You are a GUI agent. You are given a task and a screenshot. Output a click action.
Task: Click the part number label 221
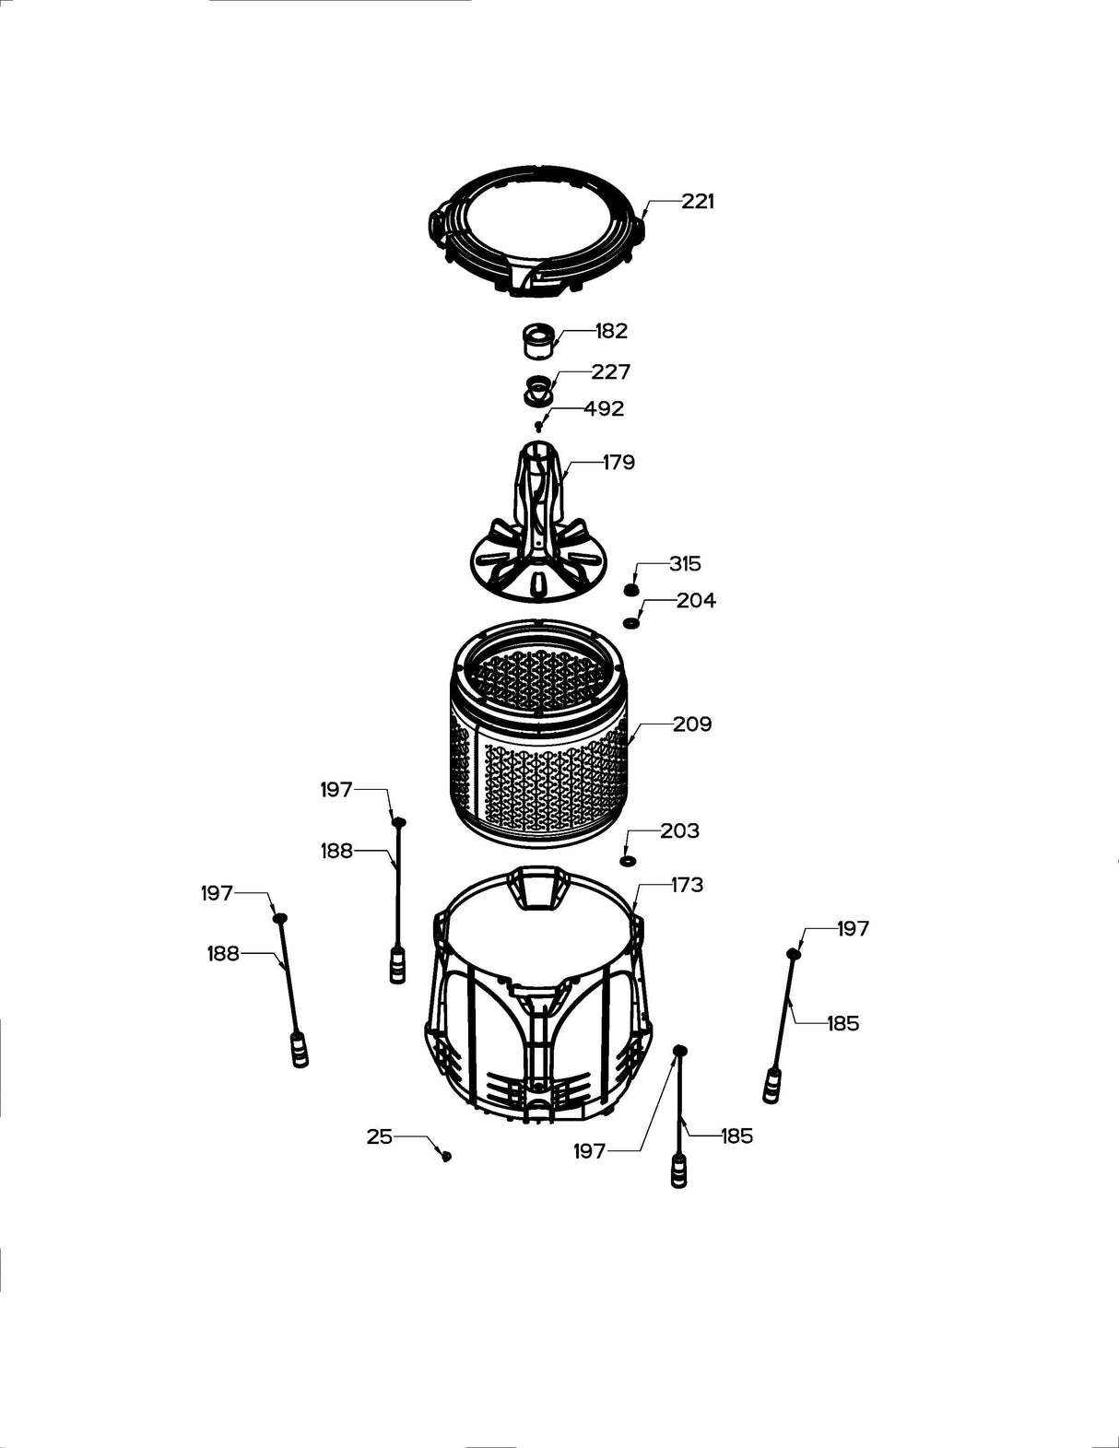[698, 201]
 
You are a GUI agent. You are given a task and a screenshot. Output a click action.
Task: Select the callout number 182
[611, 331]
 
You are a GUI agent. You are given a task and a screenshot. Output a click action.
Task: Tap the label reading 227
[611, 371]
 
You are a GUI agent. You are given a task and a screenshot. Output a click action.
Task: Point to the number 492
[604, 408]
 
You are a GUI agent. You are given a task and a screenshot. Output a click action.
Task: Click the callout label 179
[618, 462]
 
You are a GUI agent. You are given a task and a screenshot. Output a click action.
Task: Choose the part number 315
[685, 563]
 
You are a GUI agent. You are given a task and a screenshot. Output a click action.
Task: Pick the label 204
[696, 600]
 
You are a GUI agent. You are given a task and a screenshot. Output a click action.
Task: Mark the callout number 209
[692, 724]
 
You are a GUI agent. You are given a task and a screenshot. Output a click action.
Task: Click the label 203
[679, 830]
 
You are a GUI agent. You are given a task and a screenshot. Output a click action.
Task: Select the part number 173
[687, 885]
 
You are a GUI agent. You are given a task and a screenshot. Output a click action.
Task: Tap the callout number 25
[380, 1136]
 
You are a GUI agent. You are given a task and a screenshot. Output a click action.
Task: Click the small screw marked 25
[447, 1155]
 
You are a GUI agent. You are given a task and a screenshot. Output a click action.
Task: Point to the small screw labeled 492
[538, 426]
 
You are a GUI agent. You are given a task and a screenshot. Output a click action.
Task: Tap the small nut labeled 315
[631, 590]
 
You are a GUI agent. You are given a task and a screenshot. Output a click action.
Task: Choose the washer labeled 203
[628, 860]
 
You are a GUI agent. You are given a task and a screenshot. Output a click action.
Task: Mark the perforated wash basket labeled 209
[539, 737]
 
